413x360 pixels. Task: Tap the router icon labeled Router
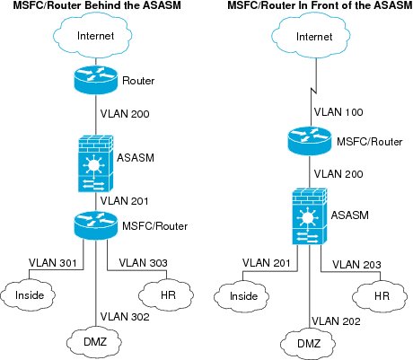point(96,79)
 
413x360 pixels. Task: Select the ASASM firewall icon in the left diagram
point(96,163)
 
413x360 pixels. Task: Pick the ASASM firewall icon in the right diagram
point(309,215)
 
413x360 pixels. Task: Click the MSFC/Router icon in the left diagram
point(96,224)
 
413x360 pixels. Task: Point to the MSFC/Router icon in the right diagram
point(310,141)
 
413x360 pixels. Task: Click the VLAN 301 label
point(53,263)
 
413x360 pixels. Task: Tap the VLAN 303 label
point(143,263)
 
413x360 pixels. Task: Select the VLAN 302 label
point(125,317)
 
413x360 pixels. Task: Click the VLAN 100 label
point(338,112)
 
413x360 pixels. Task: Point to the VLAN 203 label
point(356,265)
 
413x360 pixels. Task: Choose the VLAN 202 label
point(336,321)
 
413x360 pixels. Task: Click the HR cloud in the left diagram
point(166,294)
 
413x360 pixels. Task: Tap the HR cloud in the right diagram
point(380,296)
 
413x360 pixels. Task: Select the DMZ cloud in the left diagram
point(94,341)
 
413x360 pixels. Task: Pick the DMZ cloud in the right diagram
point(308,343)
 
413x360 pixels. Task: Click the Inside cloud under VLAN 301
point(28,294)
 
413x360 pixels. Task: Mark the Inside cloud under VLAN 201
point(242,296)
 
